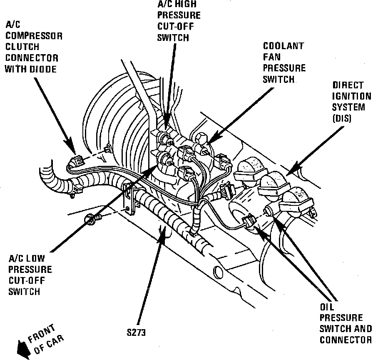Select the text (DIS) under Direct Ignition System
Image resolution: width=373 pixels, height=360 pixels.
343,118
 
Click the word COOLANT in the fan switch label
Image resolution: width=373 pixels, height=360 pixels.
283,46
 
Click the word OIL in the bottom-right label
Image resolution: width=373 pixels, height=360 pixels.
327,307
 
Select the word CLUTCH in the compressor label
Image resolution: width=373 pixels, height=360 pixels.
22,47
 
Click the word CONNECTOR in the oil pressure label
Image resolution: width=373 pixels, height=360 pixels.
345,340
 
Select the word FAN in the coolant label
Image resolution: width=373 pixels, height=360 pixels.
271,57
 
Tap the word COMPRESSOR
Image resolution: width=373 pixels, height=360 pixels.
34,36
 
